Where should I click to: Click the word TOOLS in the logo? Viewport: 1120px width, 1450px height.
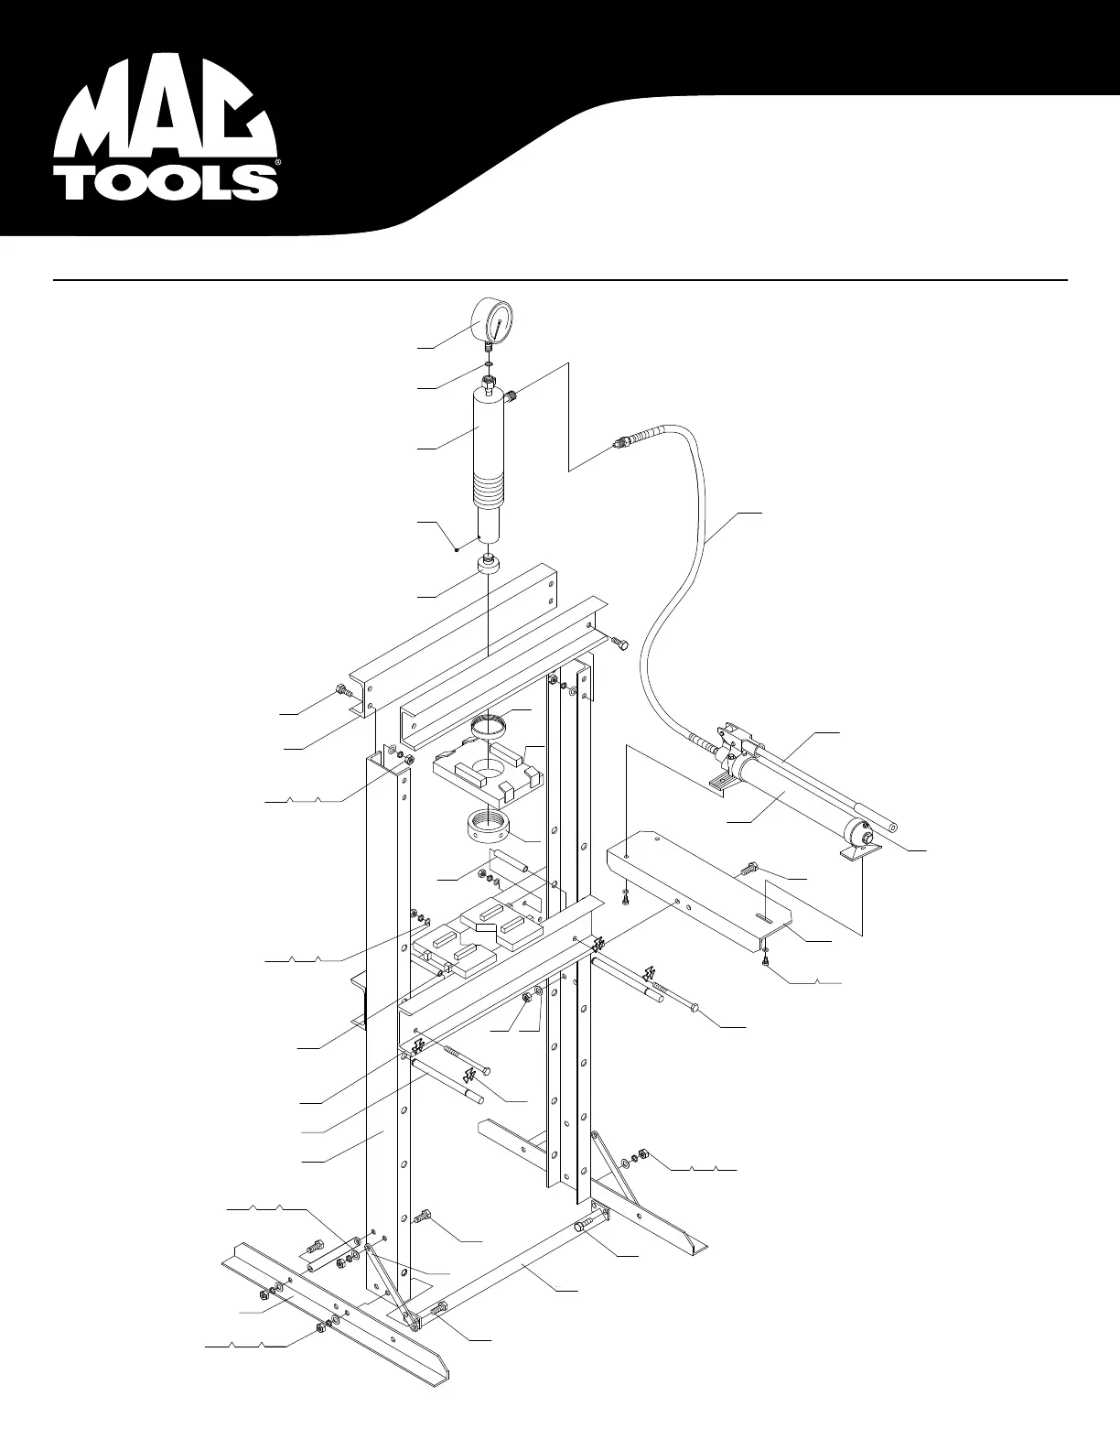tap(170, 182)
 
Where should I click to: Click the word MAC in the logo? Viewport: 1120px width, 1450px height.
tap(165, 114)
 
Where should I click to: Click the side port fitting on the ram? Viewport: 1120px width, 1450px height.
tap(513, 395)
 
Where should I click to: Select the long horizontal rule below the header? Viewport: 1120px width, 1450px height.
tap(560, 279)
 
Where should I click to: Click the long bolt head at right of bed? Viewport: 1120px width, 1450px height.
tap(695, 1007)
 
